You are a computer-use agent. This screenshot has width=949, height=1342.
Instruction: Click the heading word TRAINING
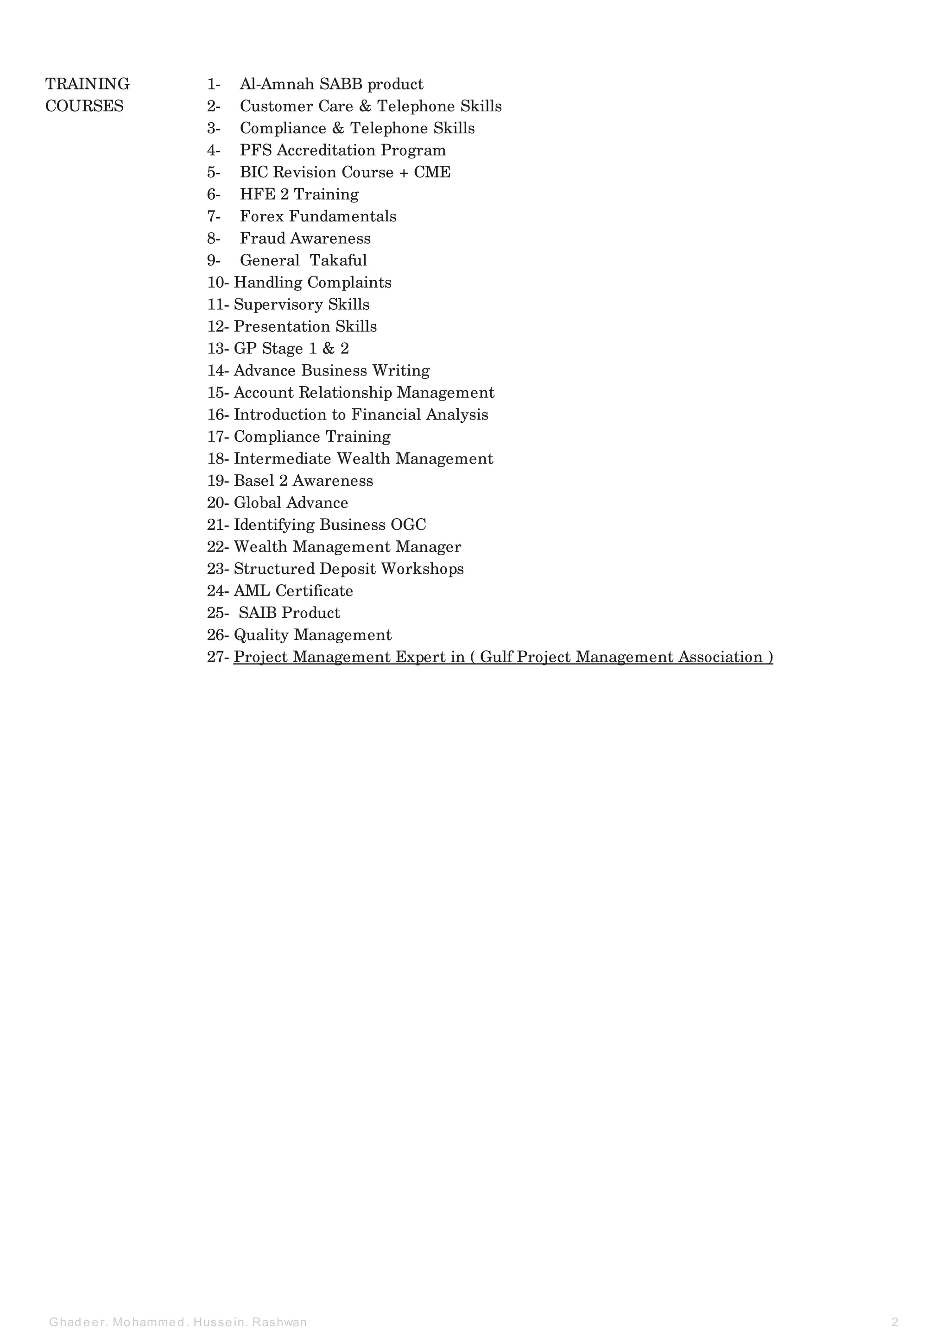(x=87, y=84)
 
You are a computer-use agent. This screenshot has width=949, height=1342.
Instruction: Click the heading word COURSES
(x=84, y=107)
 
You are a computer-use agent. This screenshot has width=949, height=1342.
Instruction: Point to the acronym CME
(x=432, y=172)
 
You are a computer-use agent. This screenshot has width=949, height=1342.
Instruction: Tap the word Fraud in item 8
(x=262, y=238)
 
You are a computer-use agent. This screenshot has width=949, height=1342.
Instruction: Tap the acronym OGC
(x=408, y=525)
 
